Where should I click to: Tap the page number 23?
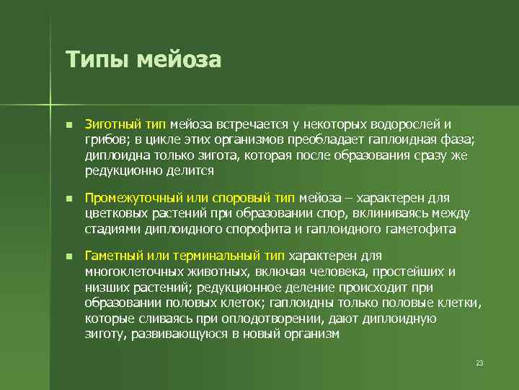coord(479,362)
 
